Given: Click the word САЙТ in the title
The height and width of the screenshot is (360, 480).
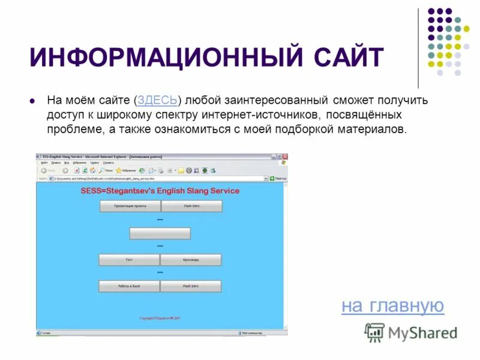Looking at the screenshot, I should coord(349,58).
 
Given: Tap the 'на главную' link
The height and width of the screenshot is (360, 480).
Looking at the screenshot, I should coord(392,306).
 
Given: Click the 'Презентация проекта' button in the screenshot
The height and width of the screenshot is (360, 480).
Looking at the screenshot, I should coord(130,206).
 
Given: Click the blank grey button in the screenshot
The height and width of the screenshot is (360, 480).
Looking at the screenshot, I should coord(160,233).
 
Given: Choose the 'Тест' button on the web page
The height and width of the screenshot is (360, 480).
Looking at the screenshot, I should coord(129,260).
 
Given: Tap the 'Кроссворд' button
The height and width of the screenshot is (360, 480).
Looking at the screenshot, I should coord(191,260).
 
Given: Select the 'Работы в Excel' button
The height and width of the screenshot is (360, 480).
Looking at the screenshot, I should coord(129,286).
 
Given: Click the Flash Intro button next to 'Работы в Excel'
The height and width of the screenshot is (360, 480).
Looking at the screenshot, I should coord(191,286).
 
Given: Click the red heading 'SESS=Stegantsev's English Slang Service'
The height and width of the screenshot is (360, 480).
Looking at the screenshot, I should coord(160,191).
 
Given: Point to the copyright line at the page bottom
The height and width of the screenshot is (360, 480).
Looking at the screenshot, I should coord(160,317).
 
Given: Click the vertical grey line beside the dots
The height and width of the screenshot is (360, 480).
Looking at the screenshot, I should coord(419,48).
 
